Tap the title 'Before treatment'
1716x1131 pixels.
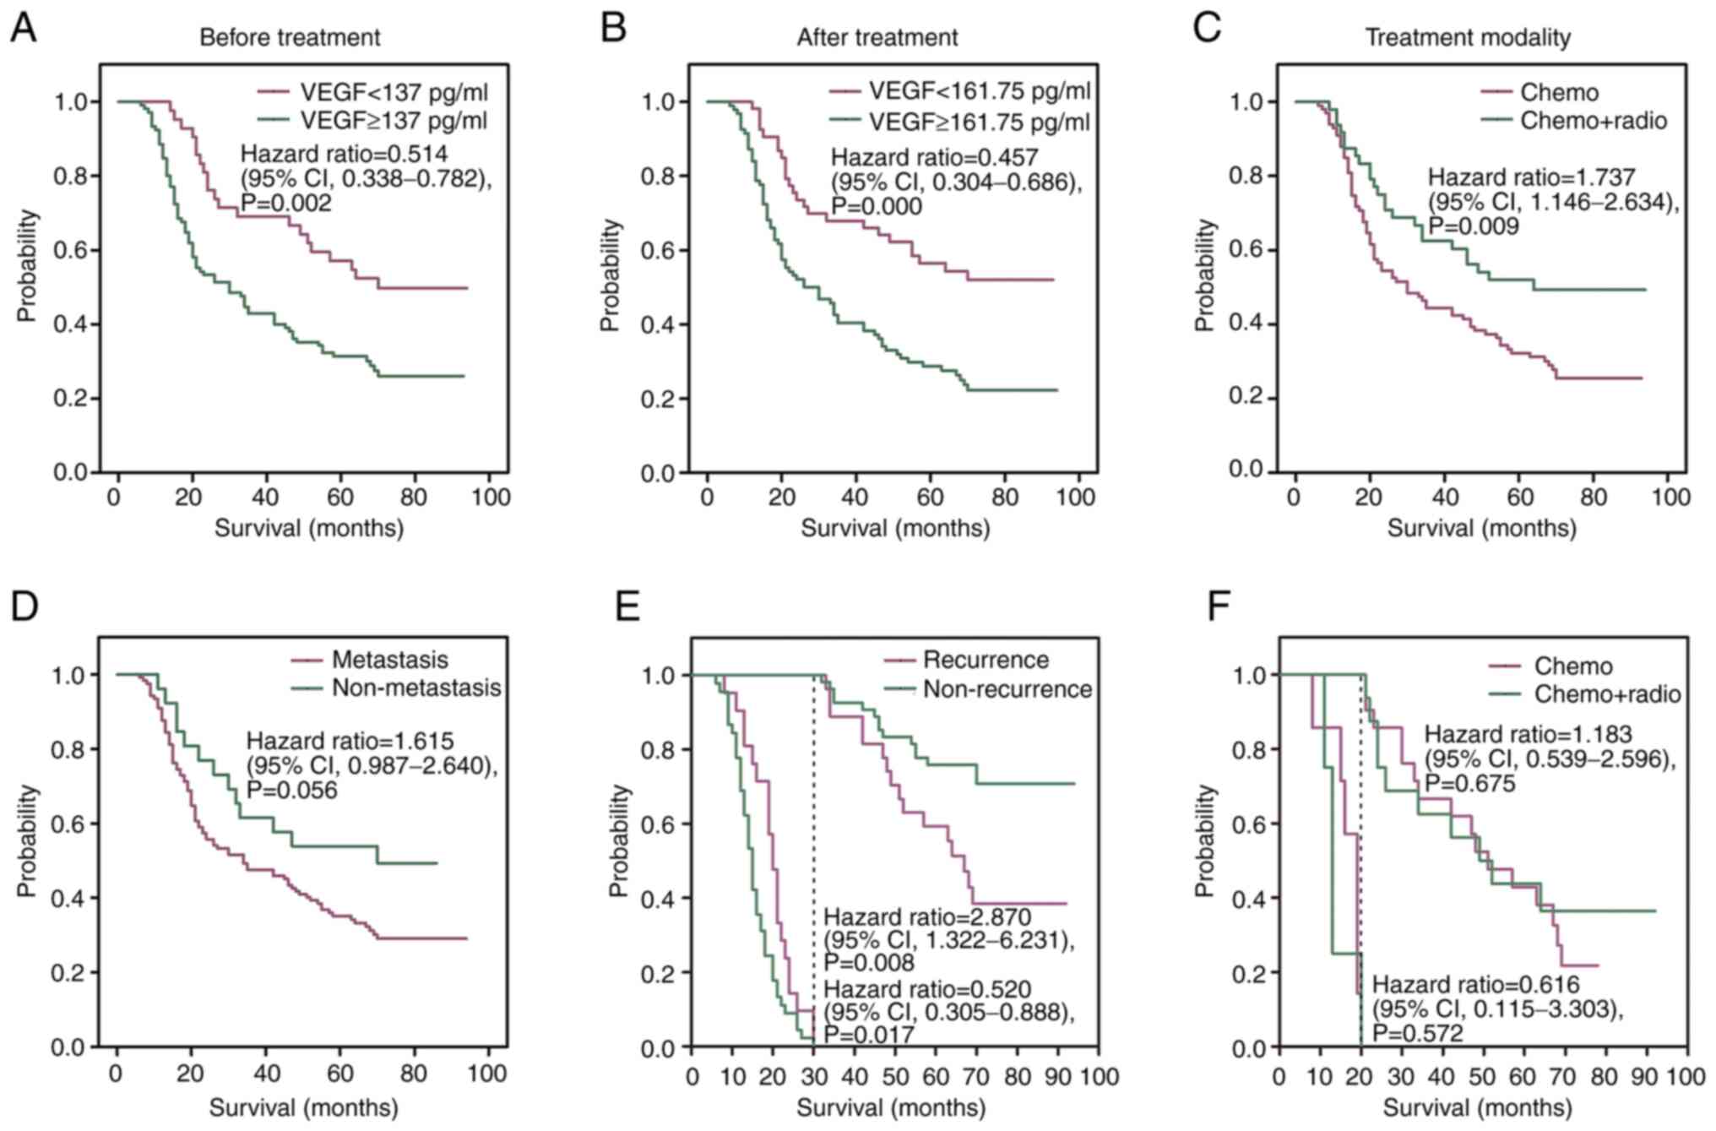click(290, 38)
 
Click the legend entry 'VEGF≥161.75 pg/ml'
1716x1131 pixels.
click(980, 122)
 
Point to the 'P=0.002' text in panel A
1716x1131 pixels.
click(286, 203)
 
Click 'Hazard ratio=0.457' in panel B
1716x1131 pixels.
click(934, 157)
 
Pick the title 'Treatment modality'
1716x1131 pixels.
click(1468, 38)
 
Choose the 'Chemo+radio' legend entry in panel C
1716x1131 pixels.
click(1594, 121)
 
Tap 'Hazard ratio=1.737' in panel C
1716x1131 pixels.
click(1531, 177)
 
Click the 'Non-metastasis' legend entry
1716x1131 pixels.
click(416, 688)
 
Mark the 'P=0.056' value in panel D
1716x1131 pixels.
click(291, 790)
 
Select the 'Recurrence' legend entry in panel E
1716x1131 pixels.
click(986, 660)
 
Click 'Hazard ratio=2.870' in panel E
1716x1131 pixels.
click(927, 916)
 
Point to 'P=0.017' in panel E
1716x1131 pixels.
click(869, 1035)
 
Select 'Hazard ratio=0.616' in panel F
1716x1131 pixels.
click(1475, 984)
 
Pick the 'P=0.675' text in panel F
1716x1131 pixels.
click(1469, 784)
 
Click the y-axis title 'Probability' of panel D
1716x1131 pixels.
click(27, 840)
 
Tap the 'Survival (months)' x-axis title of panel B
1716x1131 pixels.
click(895, 529)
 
